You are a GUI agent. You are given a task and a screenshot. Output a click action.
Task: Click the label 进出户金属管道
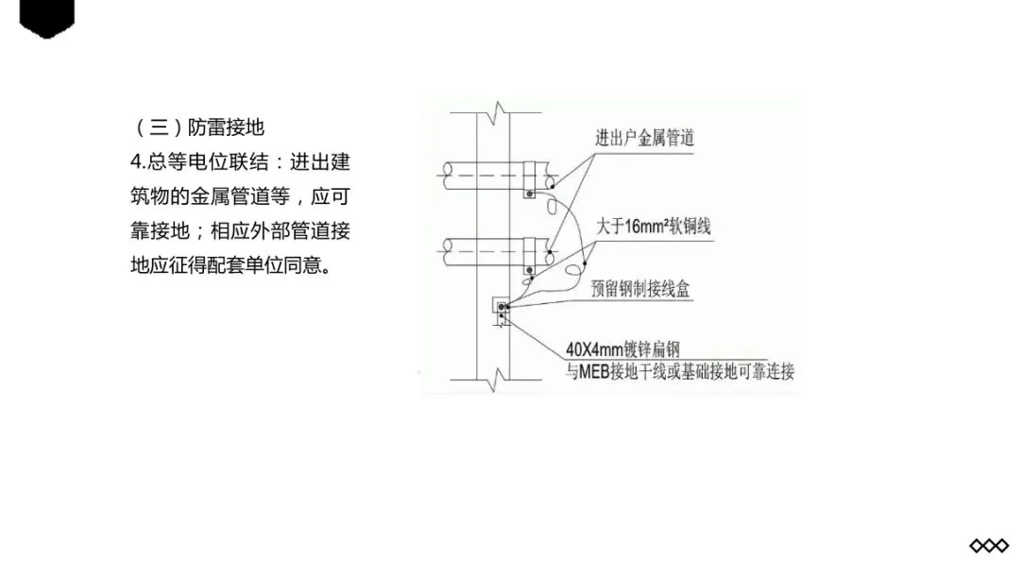[644, 138]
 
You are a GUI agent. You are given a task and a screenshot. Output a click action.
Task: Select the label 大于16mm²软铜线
[653, 228]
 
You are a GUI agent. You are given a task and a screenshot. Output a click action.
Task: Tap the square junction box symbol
[501, 308]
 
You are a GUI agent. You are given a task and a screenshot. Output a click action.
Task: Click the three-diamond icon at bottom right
[989, 546]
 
